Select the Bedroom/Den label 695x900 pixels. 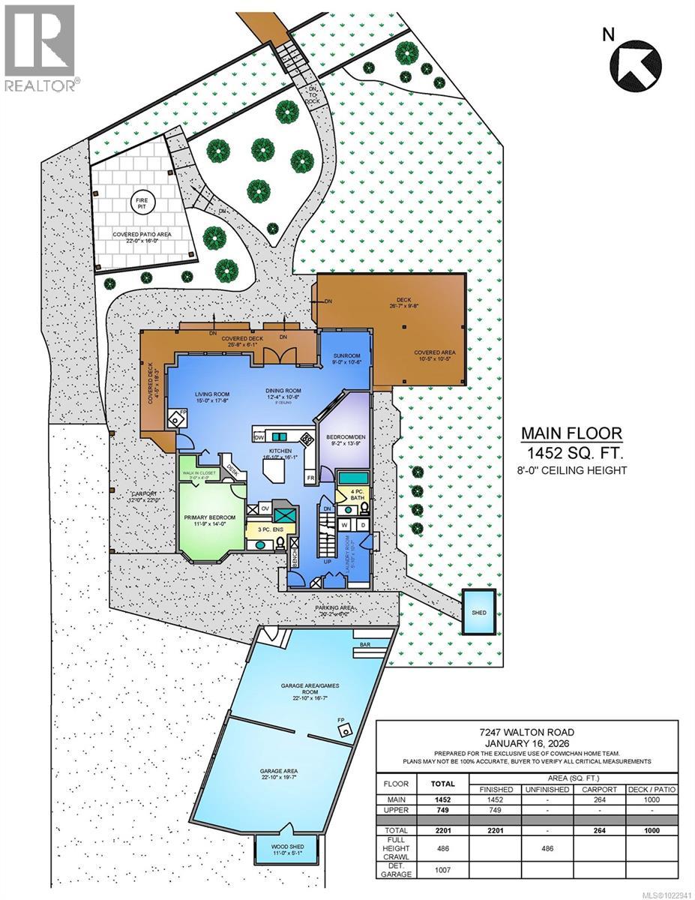point(346,439)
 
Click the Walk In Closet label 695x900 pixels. point(199,472)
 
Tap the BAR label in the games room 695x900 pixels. point(366,643)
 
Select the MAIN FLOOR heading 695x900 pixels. point(571,433)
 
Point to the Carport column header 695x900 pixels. point(598,789)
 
